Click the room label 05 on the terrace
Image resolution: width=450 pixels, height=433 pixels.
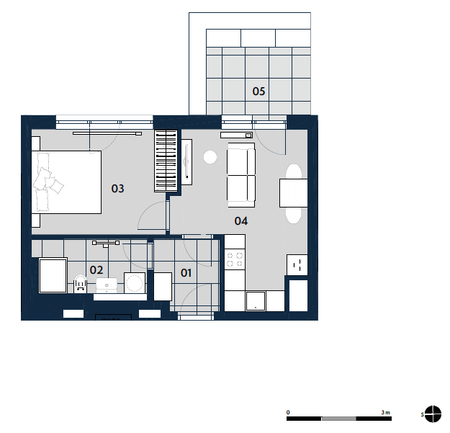pyautogui.click(x=258, y=91)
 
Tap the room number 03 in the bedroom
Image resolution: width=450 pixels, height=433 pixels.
pyautogui.click(x=117, y=189)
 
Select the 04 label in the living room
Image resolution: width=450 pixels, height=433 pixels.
pyautogui.click(x=241, y=220)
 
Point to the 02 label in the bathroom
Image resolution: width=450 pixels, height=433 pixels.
pyautogui.click(x=96, y=270)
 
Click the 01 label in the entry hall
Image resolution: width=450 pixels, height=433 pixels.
pyautogui.click(x=186, y=273)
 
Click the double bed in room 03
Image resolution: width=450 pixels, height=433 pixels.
pyautogui.click(x=66, y=182)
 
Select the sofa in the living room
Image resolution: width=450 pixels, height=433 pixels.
pyautogui.click(x=241, y=175)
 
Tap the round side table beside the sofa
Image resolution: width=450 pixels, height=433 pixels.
pyautogui.click(x=210, y=157)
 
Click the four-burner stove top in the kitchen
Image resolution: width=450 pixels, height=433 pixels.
pyautogui.click(x=235, y=259)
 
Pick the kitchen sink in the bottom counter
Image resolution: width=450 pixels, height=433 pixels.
pyautogui.click(x=256, y=301)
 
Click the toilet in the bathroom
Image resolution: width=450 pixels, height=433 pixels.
pyautogui.click(x=81, y=284)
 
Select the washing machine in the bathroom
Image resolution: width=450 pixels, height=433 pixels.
pyautogui.click(x=135, y=283)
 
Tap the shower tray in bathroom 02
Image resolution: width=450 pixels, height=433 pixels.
pyautogui.click(x=53, y=276)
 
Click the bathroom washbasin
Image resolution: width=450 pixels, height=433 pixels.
pyautogui.click(x=107, y=285)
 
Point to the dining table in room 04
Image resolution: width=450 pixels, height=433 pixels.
pyautogui.click(x=294, y=193)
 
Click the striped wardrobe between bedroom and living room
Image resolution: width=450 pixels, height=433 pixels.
pyautogui.click(x=166, y=161)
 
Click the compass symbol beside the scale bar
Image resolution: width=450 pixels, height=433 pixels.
pyautogui.click(x=433, y=414)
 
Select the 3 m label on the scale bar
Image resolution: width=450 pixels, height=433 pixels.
pyautogui.click(x=386, y=412)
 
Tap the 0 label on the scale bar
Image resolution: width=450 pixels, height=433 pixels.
pyautogui.click(x=288, y=412)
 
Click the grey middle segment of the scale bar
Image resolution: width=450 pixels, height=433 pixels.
pyautogui.click(x=339, y=419)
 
